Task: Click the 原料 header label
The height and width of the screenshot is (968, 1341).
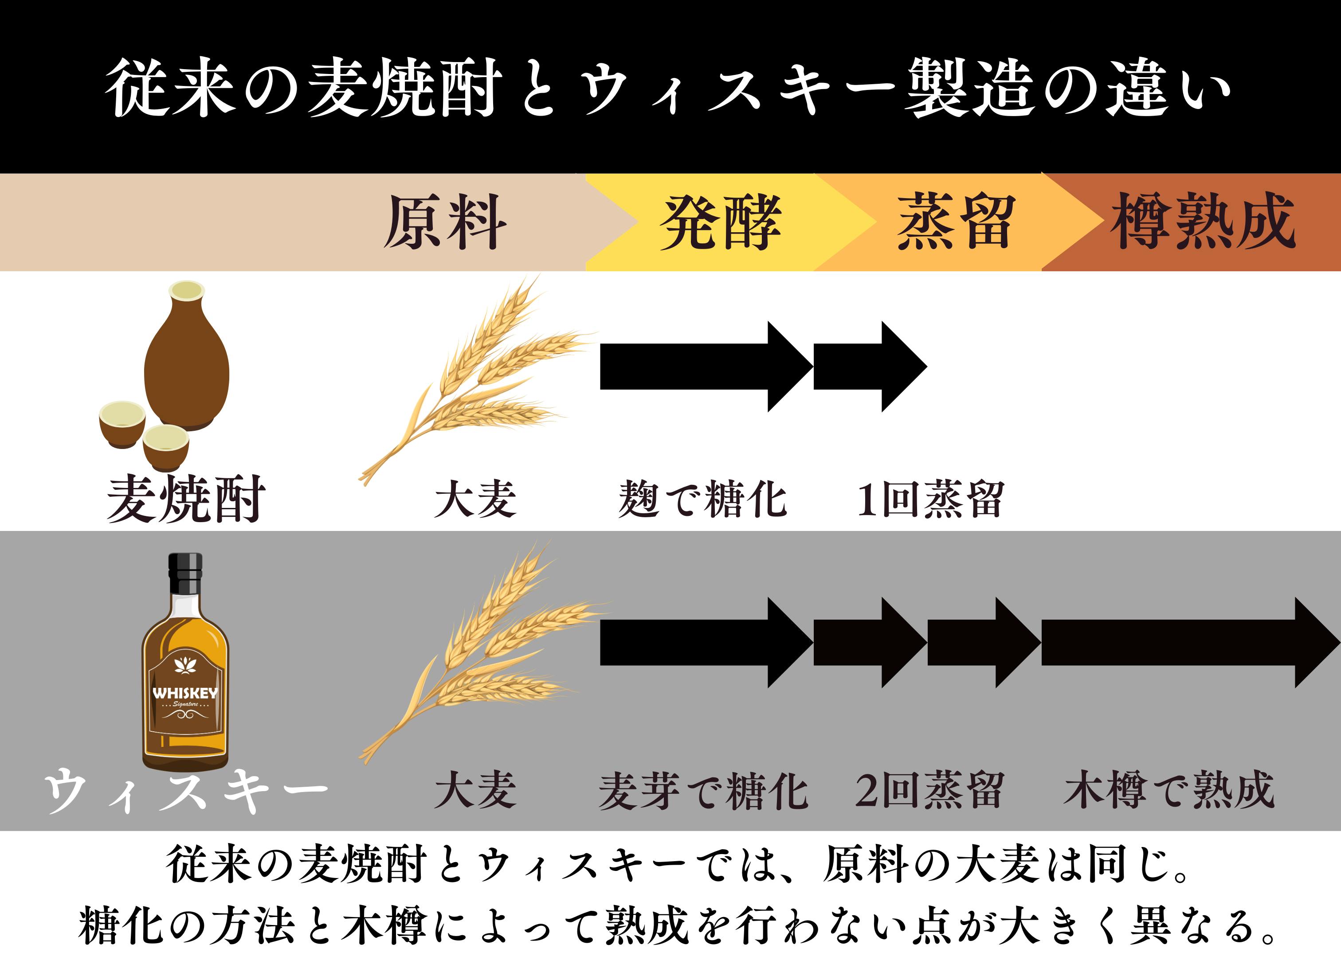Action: tap(445, 222)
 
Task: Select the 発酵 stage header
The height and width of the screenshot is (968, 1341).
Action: tap(720, 222)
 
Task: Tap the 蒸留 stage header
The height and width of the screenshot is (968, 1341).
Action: tap(954, 222)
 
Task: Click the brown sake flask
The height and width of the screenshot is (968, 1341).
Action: tap(186, 360)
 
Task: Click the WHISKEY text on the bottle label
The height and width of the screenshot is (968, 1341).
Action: tap(185, 693)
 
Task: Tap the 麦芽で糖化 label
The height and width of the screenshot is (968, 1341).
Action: tap(702, 791)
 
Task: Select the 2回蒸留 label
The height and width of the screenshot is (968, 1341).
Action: tap(929, 791)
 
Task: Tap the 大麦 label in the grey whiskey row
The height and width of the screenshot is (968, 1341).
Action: tap(475, 791)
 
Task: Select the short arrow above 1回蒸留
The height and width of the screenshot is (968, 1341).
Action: tap(869, 367)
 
